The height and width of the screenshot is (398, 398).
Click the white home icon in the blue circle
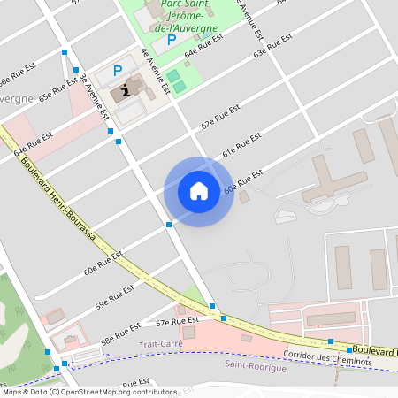coord(199,191)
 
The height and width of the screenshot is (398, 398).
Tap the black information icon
coord(127,89)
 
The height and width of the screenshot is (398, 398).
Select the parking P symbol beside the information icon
coord(118,71)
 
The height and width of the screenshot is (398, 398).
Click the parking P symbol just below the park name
coord(172,39)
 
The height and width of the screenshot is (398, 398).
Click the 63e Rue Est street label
coord(272,52)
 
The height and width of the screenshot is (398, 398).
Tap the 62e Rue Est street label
coord(220,117)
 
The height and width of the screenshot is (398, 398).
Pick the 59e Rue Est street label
coord(115,296)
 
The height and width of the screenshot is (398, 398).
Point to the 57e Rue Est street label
coord(174,322)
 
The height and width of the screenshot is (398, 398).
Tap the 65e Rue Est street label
coord(57,92)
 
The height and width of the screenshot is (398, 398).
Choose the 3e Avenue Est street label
coord(94,96)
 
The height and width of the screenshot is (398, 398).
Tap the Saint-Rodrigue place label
coord(256,366)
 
